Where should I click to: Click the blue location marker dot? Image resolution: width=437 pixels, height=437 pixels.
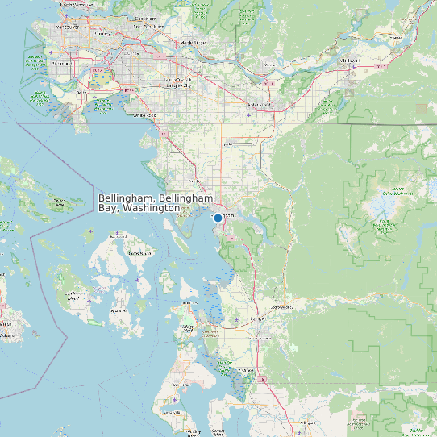218,218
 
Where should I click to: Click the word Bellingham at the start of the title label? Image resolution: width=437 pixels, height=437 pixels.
127,198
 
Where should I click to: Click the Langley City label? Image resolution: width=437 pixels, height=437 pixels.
178,84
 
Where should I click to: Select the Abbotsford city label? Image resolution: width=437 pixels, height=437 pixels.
259,105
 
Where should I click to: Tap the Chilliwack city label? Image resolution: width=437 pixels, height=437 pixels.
349,60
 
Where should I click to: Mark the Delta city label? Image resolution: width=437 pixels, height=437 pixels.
80,93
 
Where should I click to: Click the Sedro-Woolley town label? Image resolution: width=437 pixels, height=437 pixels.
282,306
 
